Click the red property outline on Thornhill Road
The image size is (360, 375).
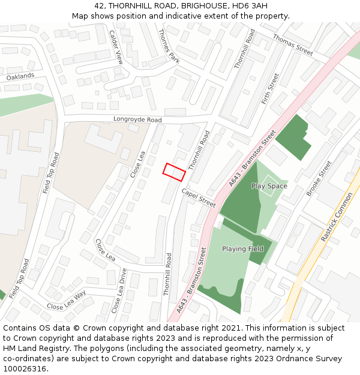point(174,172)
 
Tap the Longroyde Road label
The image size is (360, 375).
point(137,120)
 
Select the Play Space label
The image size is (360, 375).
point(269,186)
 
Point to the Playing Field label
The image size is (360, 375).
point(242,249)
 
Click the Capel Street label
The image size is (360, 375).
point(198,197)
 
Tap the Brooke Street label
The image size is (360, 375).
point(319,178)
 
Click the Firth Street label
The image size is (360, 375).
point(271,89)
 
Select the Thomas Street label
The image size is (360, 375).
point(293,45)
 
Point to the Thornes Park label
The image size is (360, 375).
point(169,46)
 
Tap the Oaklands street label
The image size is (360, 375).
point(20,77)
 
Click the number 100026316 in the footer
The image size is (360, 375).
point(25,368)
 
